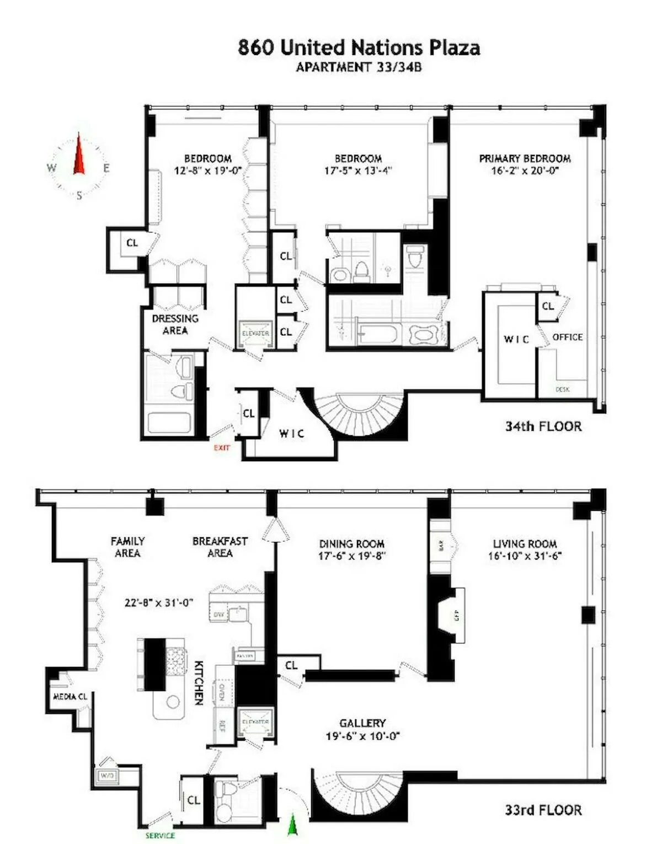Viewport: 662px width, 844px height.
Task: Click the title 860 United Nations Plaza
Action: pyautogui.click(x=359, y=47)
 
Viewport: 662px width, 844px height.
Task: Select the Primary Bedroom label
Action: pyautogui.click(x=525, y=158)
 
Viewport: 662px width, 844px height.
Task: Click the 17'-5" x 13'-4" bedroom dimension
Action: pyautogui.click(x=358, y=171)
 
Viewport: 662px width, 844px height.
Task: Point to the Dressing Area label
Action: pyautogui.click(x=175, y=324)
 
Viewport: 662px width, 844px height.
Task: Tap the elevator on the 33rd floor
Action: pyautogui.click(x=255, y=722)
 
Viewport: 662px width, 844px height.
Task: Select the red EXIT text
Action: pyautogui.click(x=222, y=447)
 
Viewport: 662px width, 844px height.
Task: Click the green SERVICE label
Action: pyautogui.click(x=160, y=835)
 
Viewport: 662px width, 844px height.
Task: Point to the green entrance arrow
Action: pyautogui.click(x=292, y=825)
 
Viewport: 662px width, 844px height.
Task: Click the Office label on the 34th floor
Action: pyautogui.click(x=567, y=337)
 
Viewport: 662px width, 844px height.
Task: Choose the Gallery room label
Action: pyautogui.click(x=362, y=723)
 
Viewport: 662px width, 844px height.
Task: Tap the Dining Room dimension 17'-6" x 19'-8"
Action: pyautogui.click(x=351, y=556)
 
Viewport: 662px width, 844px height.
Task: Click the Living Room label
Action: pyautogui.click(x=525, y=544)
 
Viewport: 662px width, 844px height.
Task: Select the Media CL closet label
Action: pyautogui.click(x=70, y=697)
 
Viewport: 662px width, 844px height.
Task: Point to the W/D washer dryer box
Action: pyautogui.click(x=106, y=776)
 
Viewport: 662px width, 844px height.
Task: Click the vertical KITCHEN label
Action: pyautogui.click(x=199, y=682)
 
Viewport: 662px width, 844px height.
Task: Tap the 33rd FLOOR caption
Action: pyautogui.click(x=543, y=810)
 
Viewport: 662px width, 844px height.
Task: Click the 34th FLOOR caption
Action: pyautogui.click(x=543, y=426)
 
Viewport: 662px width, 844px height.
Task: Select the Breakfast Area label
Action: pyautogui.click(x=220, y=547)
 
